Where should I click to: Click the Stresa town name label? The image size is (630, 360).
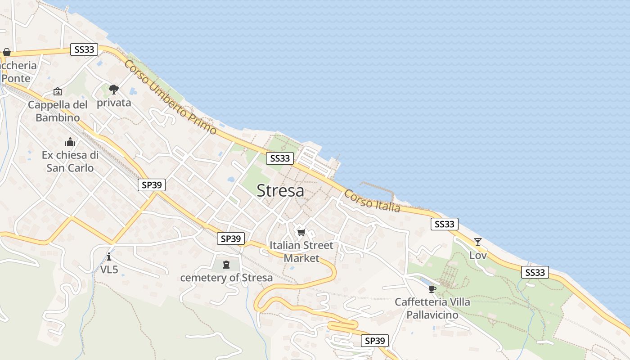[280, 191]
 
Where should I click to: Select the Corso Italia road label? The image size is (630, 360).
[372, 201]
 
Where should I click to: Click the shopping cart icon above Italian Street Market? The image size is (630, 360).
[301, 232]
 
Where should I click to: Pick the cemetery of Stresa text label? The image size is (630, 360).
[226, 278]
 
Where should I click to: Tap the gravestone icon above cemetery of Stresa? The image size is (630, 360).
[226, 264]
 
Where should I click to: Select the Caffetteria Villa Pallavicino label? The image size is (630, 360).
[432, 308]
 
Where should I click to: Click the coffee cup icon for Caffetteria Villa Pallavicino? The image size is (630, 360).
[432, 288]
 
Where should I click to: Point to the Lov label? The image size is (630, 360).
[478, 255]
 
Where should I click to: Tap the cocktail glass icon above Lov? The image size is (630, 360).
[477, 242]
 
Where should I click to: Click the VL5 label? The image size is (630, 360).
[109, 270]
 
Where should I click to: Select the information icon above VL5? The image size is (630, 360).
[109, 256]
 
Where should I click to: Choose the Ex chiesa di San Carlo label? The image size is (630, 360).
[70, 162]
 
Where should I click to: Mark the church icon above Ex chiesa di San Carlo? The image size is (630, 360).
[70, 142]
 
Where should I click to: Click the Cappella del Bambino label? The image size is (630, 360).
[58, 111]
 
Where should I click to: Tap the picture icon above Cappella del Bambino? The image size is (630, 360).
[58, 91]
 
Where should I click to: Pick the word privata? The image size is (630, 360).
[114, 103]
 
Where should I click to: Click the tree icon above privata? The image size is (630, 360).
[114, 89]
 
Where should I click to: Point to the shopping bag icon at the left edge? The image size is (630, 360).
[7, 52]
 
